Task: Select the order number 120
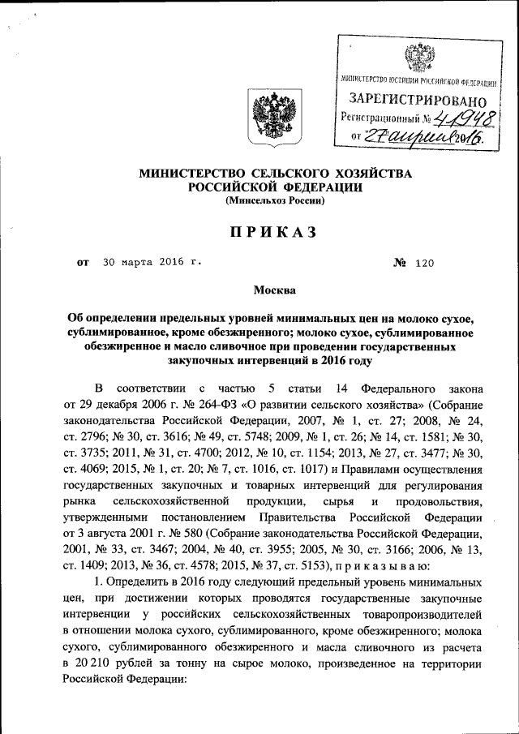pyautogui.click(x=425, y=263)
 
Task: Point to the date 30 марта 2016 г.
pyautogui.click(x=150, y=263)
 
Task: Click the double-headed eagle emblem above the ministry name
pyautogui.click(x=268, y=114)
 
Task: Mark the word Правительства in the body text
pyautogui.click(x=298, y=519)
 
